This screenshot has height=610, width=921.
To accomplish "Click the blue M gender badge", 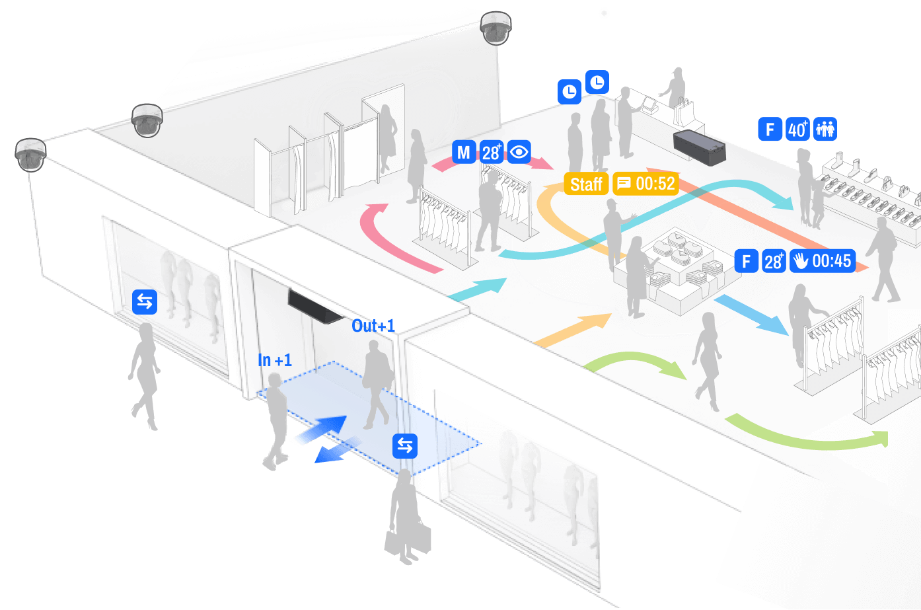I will [x=464, y=153].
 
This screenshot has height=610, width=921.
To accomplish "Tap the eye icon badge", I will [x=519, y=152].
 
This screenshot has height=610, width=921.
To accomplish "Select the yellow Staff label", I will [x=586, y=184].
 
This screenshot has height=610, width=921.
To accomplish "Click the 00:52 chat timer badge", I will [x=645, y=183].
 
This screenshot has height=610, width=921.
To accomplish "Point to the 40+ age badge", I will [x=797, y=129].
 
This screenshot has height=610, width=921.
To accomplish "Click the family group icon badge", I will [x=825, y=129].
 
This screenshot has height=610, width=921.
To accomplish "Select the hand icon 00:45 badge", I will [x=823, y=261].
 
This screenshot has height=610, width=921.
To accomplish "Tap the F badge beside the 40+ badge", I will [x=770, y=129].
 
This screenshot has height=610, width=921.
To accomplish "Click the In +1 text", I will [x=275, y=360].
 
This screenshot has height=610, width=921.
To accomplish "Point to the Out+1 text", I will [x=373, y=326].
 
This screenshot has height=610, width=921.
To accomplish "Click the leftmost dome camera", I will [x=30, y=155].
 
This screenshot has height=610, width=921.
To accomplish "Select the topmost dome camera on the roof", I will [x=496, y=28].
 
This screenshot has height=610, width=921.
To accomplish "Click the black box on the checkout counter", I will [x=699, y=147].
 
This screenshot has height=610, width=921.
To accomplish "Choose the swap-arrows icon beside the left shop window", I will [x=145, y=301].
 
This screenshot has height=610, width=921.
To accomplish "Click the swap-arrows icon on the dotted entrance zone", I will [x=405, y=446].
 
